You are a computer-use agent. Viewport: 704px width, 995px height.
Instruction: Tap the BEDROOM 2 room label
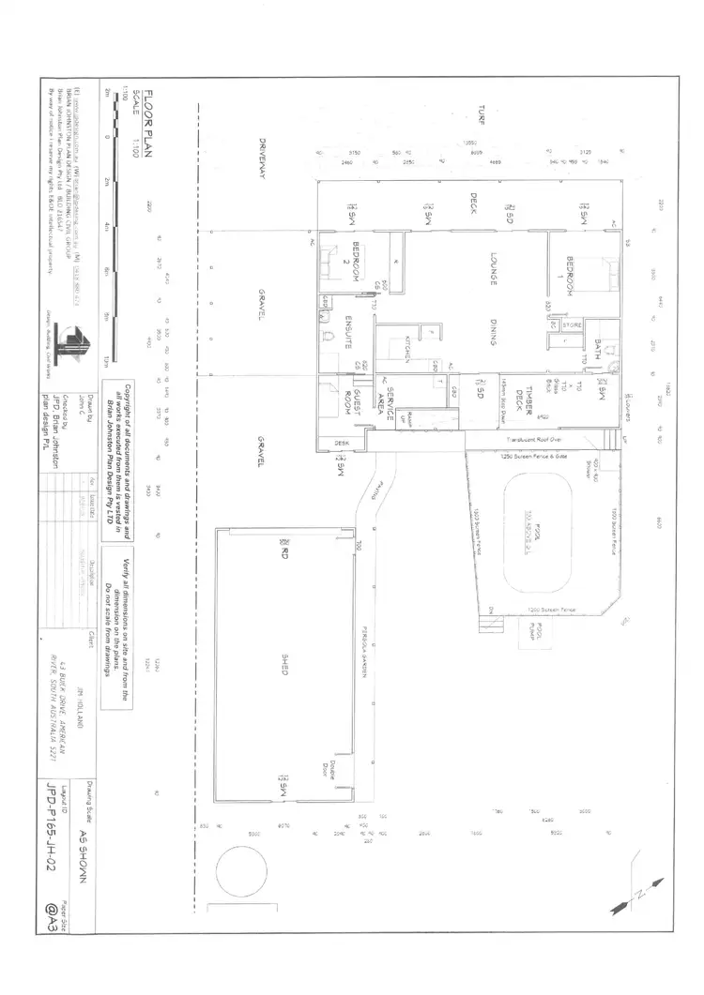pos(351,270)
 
